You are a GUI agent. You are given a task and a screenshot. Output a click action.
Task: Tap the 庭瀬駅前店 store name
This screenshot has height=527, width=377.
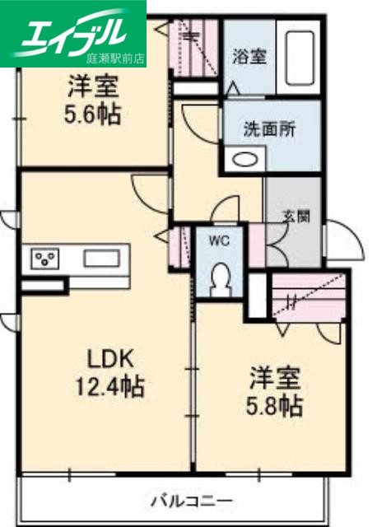[x=114, y=58]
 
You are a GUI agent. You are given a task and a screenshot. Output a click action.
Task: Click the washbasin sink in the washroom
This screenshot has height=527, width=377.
[x=244, y=160]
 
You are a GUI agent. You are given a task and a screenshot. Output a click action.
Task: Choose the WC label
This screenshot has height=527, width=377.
[x=218, y=240]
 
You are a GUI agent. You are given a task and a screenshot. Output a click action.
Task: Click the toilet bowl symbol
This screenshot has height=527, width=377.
[x=220, y=281]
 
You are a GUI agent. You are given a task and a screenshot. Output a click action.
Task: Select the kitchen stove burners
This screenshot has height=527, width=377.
[x=46, y=259]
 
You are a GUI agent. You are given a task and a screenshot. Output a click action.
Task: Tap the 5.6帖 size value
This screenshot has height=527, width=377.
[x=92, y=113]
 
